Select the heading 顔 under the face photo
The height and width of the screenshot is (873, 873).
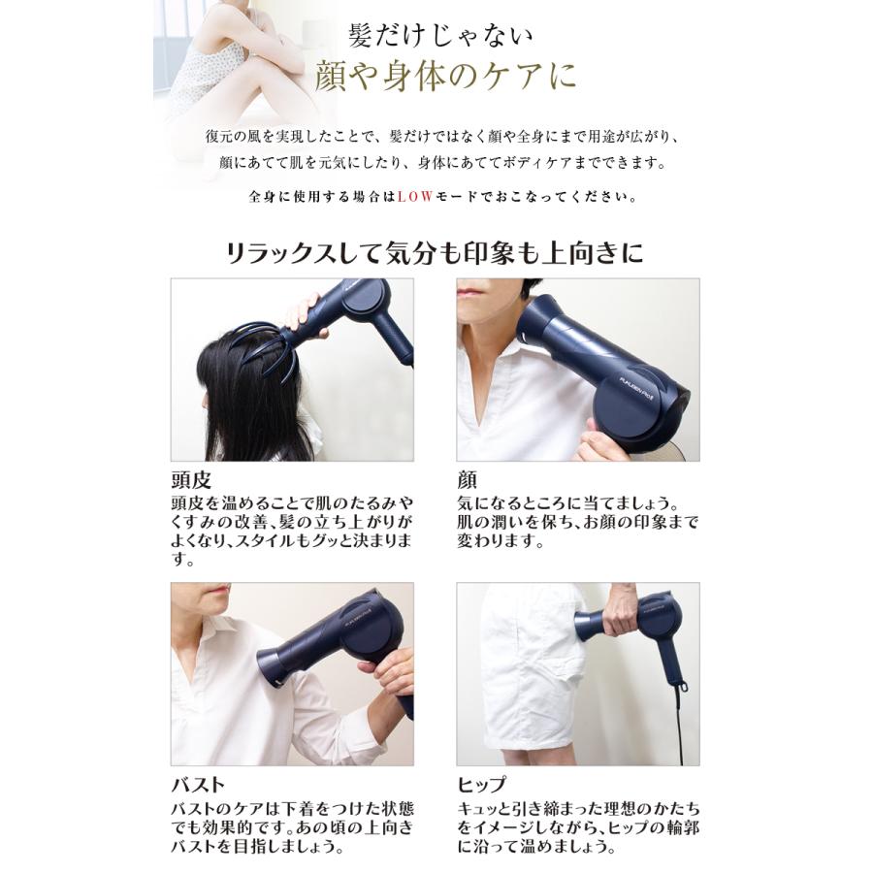(x=467, y=481)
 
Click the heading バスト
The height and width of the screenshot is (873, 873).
(x=198, y=785)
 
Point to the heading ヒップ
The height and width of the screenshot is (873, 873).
(x=481, y=785)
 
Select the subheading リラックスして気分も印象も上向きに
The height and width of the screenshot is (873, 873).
(x=434, y=254)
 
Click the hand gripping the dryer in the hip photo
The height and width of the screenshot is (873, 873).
(x=621, y=609)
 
